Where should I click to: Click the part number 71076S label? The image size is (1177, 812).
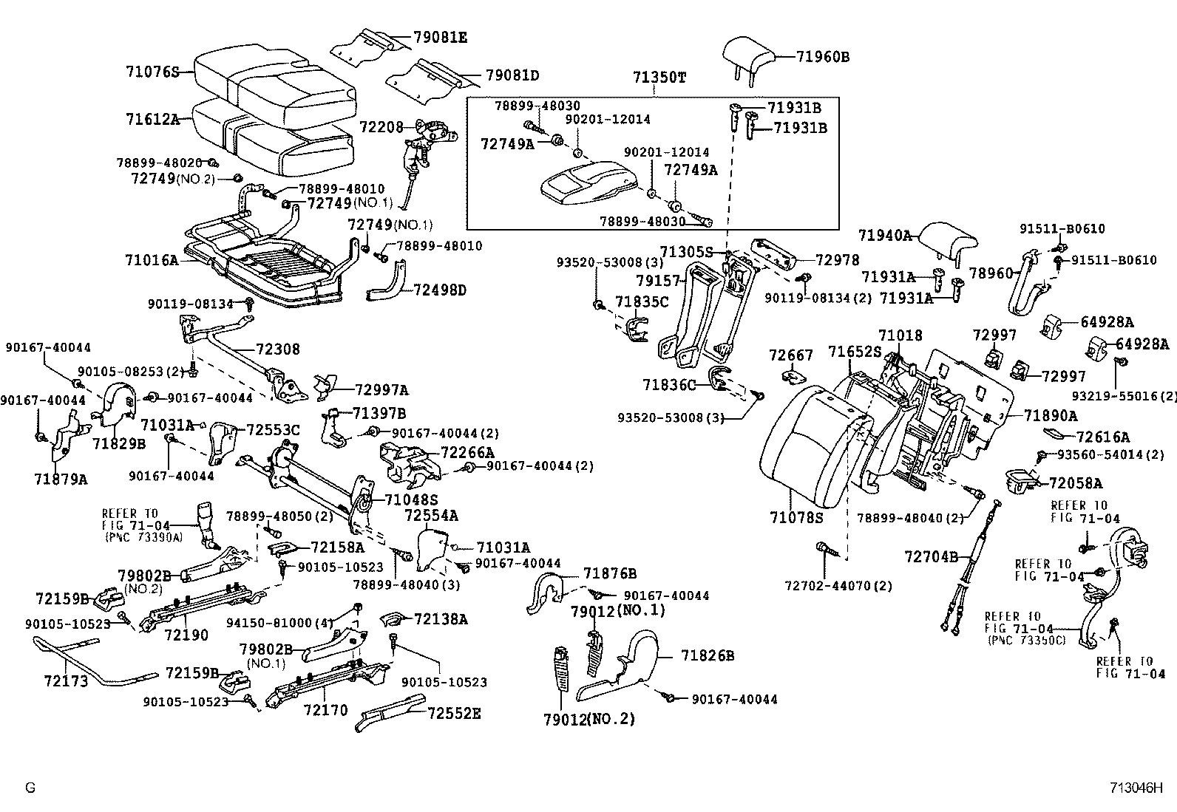coord(152,72)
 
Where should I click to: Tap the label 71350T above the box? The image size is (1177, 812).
coord(659,78)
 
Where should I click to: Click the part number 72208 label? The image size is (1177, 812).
coord(381,127)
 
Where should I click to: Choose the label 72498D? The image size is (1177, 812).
coord(440,290)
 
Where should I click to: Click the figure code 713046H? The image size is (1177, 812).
coord(1136,788)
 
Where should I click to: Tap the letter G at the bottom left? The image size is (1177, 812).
coord(30,788)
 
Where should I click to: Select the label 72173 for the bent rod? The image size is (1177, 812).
coord(66,680)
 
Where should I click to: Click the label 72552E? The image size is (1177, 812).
coord(454,713)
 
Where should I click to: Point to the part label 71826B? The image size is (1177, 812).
coord(708,655)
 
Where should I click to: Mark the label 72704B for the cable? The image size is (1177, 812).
coord(931,556)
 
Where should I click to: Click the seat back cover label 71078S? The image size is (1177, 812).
coord(796,518)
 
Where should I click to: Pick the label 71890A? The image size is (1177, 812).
coord(1051,416)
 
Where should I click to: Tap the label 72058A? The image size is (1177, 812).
coord(1076,482)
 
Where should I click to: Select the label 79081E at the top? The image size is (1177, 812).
coord(441,38)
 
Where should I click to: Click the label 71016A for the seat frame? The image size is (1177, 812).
coord(152,260)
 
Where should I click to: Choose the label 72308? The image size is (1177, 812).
coord(278,349)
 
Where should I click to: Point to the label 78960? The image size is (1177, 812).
coord(991,273)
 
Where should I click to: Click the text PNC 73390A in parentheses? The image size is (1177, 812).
coord(143,537)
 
